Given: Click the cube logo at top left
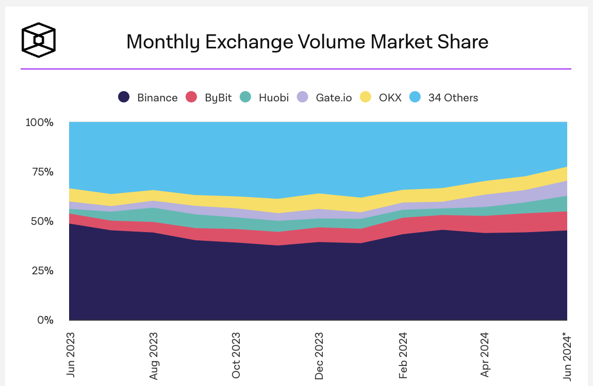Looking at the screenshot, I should point(38,39).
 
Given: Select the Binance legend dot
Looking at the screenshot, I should point(124,97).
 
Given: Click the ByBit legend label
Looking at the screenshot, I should point(218,97).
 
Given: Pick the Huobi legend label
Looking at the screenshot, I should point(274,97).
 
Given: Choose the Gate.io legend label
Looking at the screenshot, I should point(334,97).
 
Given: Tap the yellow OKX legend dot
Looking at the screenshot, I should point(366,97).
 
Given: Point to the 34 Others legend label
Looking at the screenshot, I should point(453,97).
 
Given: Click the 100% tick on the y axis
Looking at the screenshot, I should point(40,122).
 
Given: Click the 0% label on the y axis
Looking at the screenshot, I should point(45,320).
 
